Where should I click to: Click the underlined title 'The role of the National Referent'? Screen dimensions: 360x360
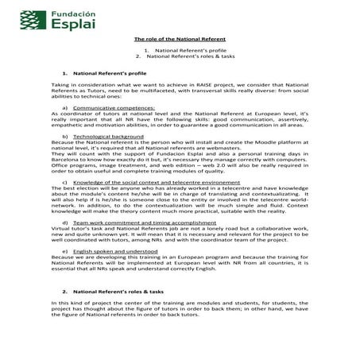(x=180, y=39)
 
